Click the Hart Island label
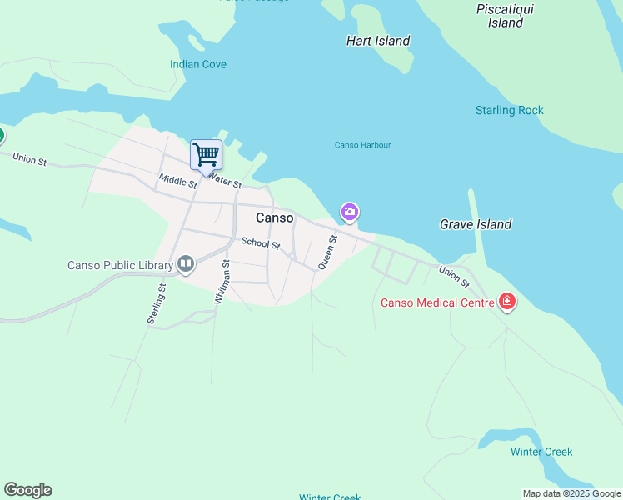coord(378,41)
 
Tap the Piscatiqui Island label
coord(506,16)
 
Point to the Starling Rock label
coord(509,110)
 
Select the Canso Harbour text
coord(362,145)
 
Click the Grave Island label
coord(476,224)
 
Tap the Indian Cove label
coord(197,64)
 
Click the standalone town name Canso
coord(274,217)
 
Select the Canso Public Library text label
coord(120,266)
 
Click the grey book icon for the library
coord(186,266)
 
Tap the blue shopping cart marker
coord(206,154)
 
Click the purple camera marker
coord(350,212)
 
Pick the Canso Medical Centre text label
coord(436,302)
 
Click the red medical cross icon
coord(506,302)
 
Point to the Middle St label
coord(177,179)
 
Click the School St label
coord(261,244)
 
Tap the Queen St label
coord(328,251)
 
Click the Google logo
coord(27,490)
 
